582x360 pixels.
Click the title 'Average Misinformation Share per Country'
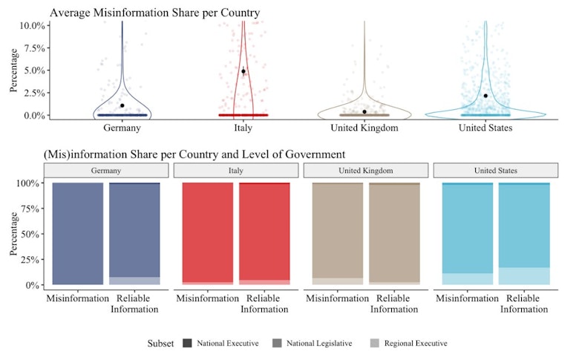pyautogui.click(x=154, y=13)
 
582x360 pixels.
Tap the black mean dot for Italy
pyautogui.click(x=243, y=71)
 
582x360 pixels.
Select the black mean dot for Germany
pyautogui.click(x=122, y=105)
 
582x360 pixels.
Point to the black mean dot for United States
pyautogui.click(x=485, y=96)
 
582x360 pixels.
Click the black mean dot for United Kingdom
pyautogui.click(x=364, y=111)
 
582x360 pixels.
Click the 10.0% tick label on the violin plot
pyautogui.click(x=31, y=24)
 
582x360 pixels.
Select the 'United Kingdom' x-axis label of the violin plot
pyautogui.click(x=364, y=128)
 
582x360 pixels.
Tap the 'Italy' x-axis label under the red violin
pyautogui.click(x=243, y=128)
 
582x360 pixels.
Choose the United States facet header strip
pyautogui.click(x=496, y=171)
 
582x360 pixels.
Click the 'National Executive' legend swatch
pyautogui.click(x=186, y=343)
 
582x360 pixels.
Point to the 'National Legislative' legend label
pyautogui.click(x=319, y=344)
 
